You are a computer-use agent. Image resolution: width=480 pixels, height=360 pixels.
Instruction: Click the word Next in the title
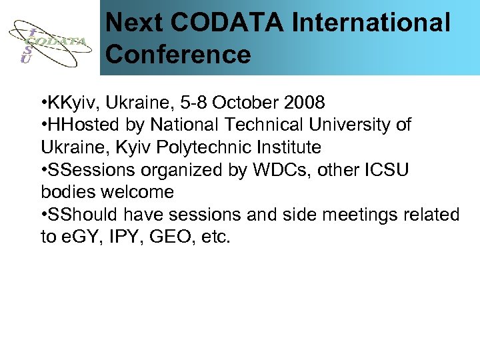point(134,23)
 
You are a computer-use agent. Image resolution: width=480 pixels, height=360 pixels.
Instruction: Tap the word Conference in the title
point(178,54)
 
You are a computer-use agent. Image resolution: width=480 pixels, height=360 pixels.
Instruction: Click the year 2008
point(304,103)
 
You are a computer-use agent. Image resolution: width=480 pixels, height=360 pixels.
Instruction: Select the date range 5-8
point(199,103)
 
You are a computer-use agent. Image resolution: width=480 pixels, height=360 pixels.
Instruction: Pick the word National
point(185,125)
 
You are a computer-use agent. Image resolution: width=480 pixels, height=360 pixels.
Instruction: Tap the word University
point(352,125)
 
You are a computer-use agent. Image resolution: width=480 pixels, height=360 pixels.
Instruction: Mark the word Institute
point(289,147)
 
